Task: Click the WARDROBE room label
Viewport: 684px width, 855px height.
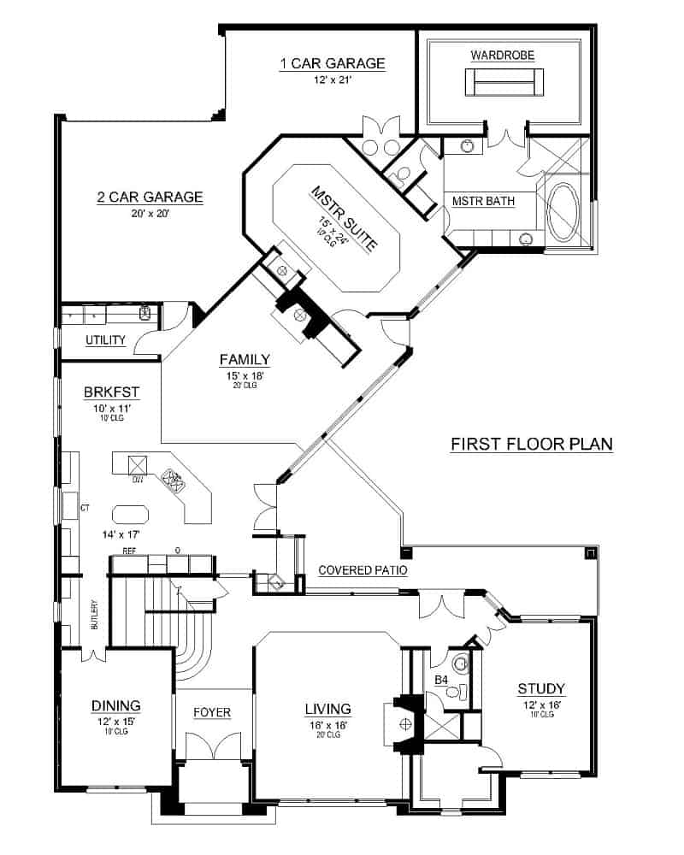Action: coord(502,56)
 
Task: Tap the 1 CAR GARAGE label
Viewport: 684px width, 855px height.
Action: coord(333,64)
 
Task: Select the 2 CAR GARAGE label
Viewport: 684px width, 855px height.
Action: coord(150,198)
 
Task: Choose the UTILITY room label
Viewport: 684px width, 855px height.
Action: coord(106,340)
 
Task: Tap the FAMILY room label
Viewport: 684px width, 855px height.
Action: coord(245,359)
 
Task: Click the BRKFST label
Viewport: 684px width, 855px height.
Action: coord(111,392)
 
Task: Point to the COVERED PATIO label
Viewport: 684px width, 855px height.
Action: coord(363,570)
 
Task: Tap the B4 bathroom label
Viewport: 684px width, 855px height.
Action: coord(441,680)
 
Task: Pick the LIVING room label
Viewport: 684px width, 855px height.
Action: coord(328,709)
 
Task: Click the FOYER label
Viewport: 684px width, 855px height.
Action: coord(211,711)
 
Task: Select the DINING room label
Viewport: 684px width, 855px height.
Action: coord(115,705)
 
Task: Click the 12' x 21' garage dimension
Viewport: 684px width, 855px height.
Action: coord(332,80)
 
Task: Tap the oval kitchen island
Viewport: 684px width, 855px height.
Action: coord(130,513)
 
